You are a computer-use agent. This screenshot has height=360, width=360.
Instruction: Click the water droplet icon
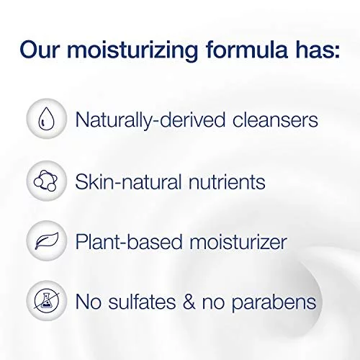tap(46, 119)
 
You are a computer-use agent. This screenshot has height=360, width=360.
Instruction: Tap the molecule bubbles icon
tap(46, 181)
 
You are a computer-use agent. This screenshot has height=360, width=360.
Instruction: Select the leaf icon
tap(47, 240)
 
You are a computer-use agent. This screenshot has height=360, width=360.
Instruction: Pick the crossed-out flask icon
tap(46, 300)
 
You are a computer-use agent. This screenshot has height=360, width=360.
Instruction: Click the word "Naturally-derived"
tap(150, 120)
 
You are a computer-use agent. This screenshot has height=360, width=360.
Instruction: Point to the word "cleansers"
tap(275, 120)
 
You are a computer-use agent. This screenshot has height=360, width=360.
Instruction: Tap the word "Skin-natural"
tap(128, 181)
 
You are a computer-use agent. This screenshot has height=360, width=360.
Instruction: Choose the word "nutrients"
tap(227, 181)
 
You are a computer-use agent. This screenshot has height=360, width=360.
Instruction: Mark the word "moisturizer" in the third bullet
tap(238, 241)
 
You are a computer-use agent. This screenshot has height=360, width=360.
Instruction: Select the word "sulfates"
tap(142, 301)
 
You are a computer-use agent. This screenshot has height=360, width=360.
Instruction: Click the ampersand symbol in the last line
tap(189, 301)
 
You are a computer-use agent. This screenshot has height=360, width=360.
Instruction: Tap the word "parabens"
tap(274, 303)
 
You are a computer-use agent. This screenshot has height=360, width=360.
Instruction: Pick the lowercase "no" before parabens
tap(214, 304)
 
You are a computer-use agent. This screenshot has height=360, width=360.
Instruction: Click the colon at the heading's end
tap(338, 51)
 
